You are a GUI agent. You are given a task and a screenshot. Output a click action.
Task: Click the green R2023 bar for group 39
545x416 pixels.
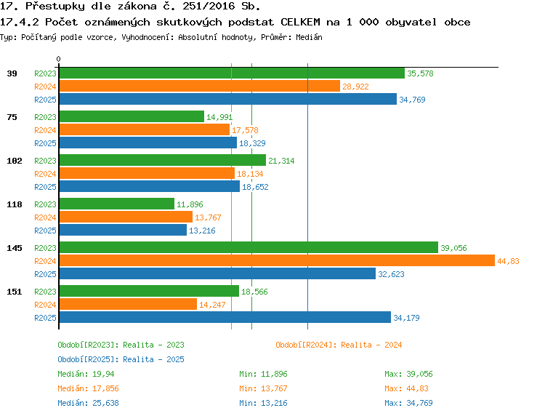(232, 73)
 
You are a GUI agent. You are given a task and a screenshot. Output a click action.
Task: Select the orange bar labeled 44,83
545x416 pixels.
(277, 260)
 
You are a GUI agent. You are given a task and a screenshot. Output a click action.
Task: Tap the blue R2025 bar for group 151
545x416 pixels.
(225, 317)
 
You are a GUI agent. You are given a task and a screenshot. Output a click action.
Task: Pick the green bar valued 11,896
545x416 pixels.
(117, 204)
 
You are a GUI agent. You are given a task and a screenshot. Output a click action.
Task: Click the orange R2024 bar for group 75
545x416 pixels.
(145, 129)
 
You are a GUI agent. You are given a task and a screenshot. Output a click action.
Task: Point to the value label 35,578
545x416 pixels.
(420, 73)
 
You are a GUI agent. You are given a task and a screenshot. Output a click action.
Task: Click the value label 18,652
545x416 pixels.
(255, 187)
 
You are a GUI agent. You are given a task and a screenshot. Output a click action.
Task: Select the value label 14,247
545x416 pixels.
(212, 305)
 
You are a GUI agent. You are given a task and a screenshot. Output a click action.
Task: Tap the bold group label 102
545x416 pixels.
(15, 161)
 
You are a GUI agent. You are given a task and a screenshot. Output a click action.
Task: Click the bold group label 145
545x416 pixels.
(15, 248)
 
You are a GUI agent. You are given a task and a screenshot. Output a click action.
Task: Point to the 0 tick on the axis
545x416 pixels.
(58, 59)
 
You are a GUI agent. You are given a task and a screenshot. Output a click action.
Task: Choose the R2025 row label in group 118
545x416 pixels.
(45, 231)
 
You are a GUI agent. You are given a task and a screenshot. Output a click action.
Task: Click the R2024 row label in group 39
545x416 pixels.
(45, 87)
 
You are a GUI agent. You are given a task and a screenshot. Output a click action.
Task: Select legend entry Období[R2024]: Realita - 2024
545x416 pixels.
(339, 345)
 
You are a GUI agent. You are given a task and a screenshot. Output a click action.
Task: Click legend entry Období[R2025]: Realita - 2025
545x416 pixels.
(121, 359)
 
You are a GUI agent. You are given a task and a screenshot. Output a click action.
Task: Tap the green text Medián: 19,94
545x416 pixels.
(86, 374)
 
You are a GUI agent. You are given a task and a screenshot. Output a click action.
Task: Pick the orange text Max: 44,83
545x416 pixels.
(406, 388)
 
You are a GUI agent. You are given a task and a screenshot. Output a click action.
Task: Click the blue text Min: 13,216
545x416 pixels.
(263, 403)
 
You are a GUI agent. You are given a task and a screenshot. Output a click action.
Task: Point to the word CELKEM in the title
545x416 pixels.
(300, 23)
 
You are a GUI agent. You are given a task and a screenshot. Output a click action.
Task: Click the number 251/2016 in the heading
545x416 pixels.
(209, 7)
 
